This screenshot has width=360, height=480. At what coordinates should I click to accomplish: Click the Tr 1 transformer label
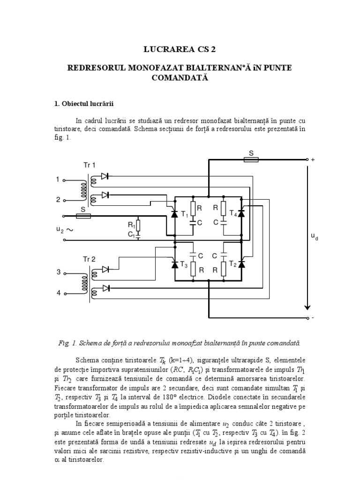click(89, 165)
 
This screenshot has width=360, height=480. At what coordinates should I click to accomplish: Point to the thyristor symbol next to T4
click(241, 213)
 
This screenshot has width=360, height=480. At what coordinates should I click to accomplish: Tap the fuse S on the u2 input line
click(83, 217)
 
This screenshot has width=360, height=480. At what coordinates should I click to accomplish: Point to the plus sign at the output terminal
click(313, 160)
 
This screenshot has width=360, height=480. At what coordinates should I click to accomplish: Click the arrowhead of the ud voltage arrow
click(307, 307)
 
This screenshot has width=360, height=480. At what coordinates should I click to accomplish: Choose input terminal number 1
click(59, 179)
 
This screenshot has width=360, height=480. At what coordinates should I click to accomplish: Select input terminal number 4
click(59, 293)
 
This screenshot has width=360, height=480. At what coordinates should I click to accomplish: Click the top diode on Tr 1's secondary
click(105, 177)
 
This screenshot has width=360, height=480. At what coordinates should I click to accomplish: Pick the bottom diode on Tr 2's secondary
click(105, 288)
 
